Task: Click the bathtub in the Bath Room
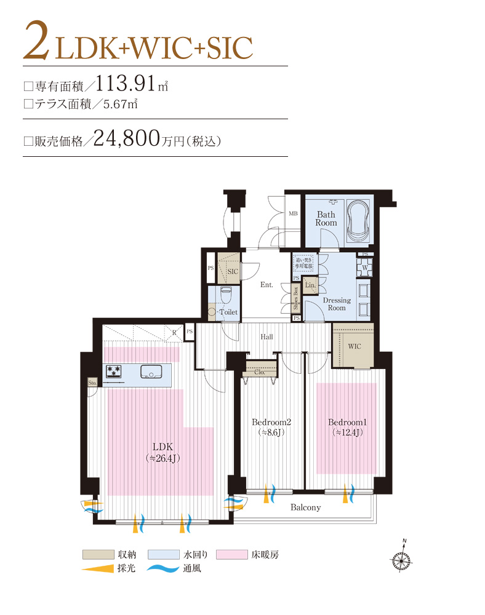tap(357, 223)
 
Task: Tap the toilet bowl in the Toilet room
tap(225, 295)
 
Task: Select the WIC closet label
tap(355, 346)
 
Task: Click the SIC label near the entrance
tap(233, 271)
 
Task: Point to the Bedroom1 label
tap(347, 423)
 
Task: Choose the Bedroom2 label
tap(271, 423)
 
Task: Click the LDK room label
tap(162, 446)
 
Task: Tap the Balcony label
tap(305, 507)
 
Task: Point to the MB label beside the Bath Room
tap(294, 214)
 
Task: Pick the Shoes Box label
tap(296, 298)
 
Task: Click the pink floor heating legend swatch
tap(234, 554)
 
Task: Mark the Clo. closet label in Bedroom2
tap(259, 371)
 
